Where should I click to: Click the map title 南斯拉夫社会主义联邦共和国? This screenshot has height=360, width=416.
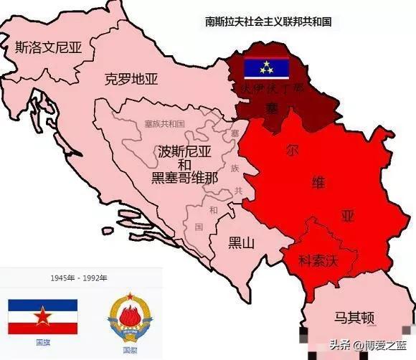[x=268, y=22]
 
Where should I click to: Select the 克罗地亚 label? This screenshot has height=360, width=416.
[x=131, y=79]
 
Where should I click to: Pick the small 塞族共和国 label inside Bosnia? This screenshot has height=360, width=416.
[x=164, y=124]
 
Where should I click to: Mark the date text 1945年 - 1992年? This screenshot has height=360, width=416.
[x=79, y=278]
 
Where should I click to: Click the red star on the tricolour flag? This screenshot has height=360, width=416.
[x=42, y=315]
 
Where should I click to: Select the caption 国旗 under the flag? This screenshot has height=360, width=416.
[x=42, y=342]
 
